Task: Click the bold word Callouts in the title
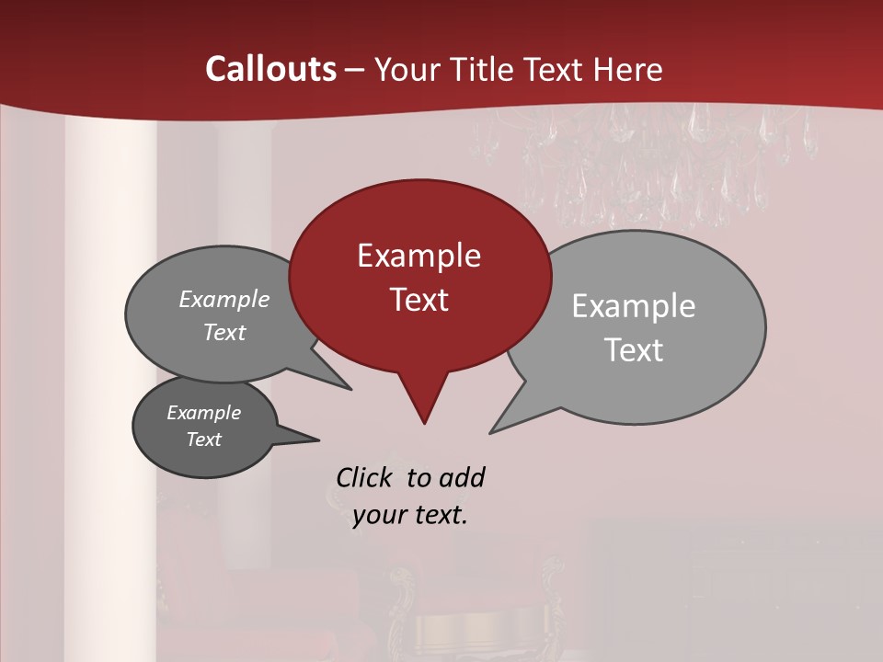coord(271,69)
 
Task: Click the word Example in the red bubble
coord(419,256)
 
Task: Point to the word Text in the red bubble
coord(419,300)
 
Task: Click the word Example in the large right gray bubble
coord(634,306)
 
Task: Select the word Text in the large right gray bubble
coord(634,350)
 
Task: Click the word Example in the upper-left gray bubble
coord(224,300)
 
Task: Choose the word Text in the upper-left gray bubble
coord(224,333)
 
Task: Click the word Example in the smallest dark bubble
coord(203,413)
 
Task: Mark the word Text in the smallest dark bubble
coord(203,439)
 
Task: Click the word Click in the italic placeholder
coord(366,477)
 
